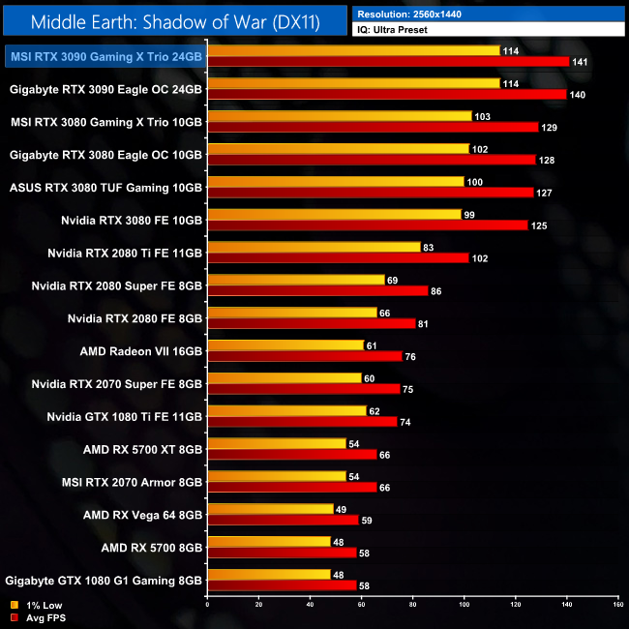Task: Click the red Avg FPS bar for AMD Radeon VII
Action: point(305,356)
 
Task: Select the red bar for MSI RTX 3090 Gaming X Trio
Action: point(388,61)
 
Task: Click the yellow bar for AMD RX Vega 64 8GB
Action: point(270,508)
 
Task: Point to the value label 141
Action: point(583,61)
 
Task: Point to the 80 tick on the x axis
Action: point(413,604)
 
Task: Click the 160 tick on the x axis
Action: point(617,604)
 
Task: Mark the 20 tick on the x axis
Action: point(258,604)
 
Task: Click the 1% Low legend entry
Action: point(35,606)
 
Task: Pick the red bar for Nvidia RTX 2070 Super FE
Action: point(303,389)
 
